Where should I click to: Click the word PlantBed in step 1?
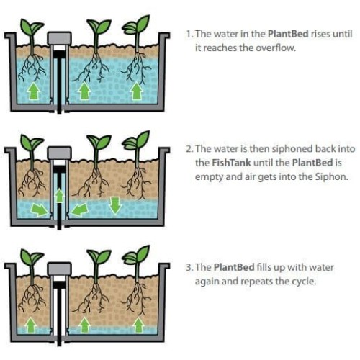click(x=288, y=34)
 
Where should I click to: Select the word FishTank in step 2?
click(x=231, y=163)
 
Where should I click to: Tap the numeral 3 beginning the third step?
click(x=189, y=267)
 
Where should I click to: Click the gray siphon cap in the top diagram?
click(x=59, y=38)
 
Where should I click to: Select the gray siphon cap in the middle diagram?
click(x=59, y=153)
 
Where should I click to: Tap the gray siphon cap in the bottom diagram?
click(x=59, y=269)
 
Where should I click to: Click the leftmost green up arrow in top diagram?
click(x=33, y=91)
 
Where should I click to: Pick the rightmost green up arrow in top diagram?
click(x=137, y=91)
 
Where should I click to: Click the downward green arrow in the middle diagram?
click(x=115, y=205)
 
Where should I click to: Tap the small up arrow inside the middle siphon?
click(x=59, y=195)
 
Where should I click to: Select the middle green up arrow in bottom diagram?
click(x=84, y=325)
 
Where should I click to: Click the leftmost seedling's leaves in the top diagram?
click(x=31, y=27)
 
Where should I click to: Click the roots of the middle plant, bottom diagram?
click(x=93, y=299)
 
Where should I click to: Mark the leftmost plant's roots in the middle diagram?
click(x=32, y=182)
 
